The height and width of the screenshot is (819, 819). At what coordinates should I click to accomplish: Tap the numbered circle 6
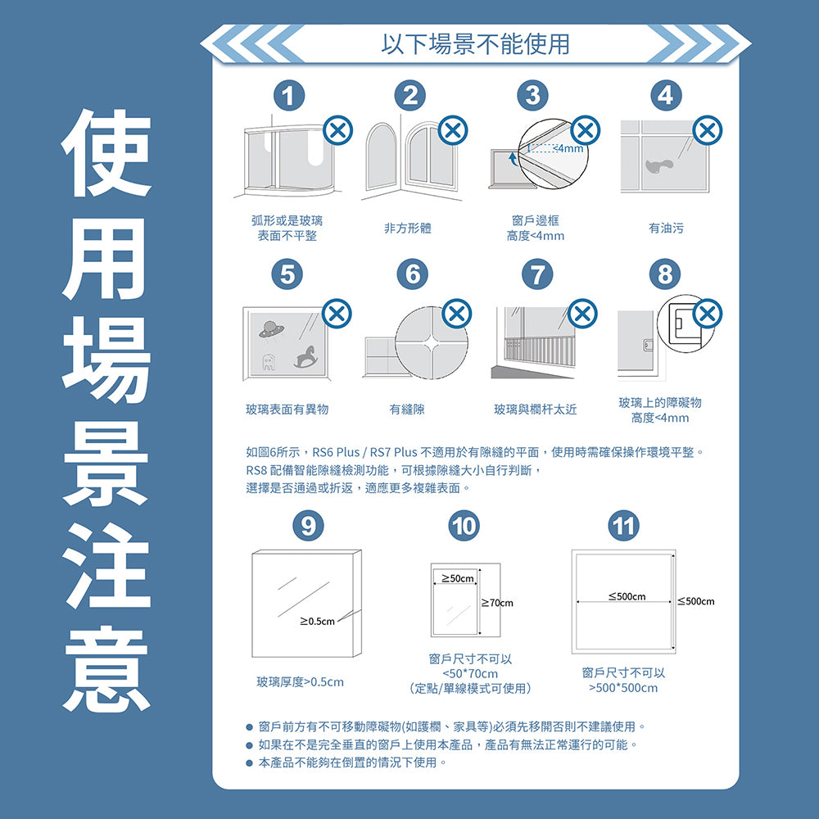413,274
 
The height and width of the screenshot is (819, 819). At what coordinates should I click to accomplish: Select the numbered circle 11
624,525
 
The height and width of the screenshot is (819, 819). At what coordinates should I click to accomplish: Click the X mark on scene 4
708,130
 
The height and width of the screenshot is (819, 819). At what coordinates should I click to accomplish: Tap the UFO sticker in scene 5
268,329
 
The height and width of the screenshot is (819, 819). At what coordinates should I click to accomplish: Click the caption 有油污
665,229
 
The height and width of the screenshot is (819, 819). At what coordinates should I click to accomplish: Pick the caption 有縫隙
407,409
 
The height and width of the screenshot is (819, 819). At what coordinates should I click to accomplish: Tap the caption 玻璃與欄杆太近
535,409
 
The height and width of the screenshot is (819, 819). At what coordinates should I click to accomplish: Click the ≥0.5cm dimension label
318,621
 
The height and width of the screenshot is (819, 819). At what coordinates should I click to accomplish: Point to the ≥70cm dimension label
496,604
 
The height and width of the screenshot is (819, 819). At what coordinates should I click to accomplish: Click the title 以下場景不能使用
475,44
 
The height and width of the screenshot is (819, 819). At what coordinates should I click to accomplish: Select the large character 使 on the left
107,155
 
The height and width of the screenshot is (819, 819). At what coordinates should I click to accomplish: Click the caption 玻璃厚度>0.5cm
300,681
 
